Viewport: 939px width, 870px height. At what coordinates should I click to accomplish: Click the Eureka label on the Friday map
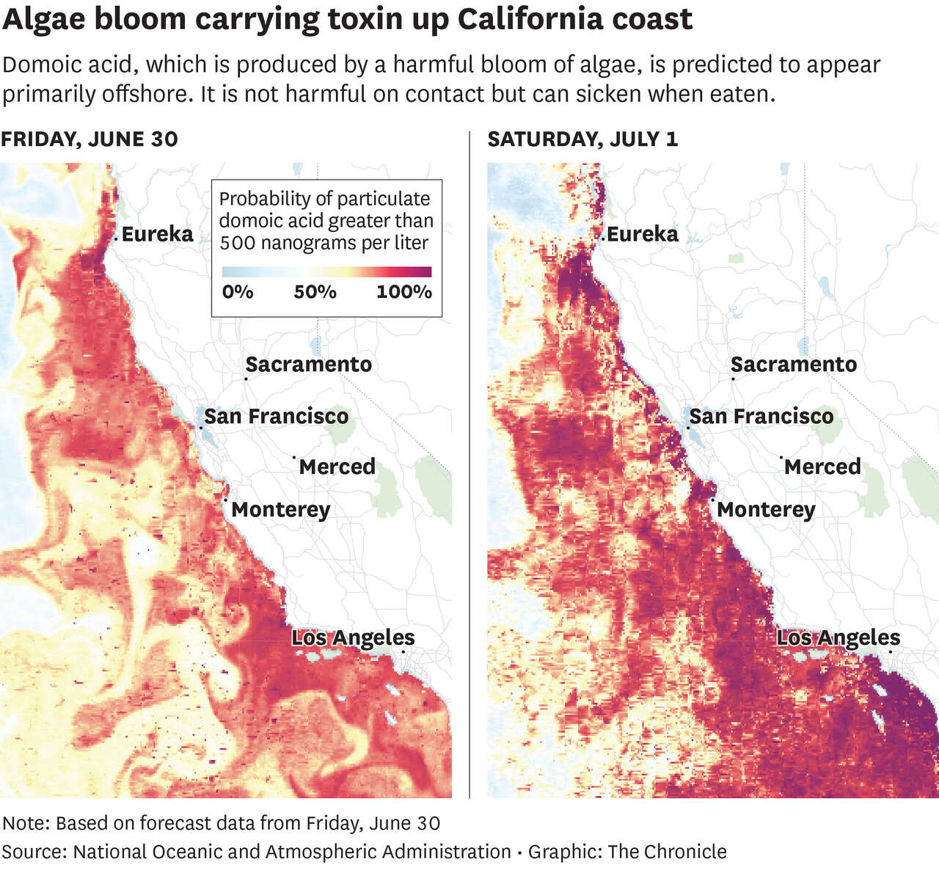click(x=157, y=234)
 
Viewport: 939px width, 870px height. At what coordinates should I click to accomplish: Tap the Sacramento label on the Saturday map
click(x=794, y=365)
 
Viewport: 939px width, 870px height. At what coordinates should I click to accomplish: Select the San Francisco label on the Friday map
click(x=276, y=417)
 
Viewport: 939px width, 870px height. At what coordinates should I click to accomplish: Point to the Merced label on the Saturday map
click(x=822, y=467)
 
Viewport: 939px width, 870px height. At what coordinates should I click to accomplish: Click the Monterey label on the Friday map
click(x=281, y=510)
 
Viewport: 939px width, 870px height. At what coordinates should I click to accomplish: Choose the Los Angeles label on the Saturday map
click(x=838, y=638)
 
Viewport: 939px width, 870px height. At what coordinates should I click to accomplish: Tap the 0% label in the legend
click(x=238, y=292)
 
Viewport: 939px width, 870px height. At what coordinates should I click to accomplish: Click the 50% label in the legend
click(x=315, y=292)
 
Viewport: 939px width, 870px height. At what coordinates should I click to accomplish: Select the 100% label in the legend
click(x=404, y=292)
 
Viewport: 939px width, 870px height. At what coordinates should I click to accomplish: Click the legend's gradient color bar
click(x=326, y=272)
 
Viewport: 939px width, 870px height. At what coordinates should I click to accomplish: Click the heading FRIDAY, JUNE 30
click(x=89, y=139)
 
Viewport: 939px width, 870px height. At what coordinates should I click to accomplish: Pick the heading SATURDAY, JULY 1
click(x=582, y=139)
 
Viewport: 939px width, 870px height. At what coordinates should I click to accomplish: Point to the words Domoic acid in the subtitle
click(x=70, y=65)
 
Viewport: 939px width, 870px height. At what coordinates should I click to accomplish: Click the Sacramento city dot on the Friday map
click(x=246, y=379)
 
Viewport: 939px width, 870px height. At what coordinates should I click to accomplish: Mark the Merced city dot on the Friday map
click(x=294, y=457)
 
